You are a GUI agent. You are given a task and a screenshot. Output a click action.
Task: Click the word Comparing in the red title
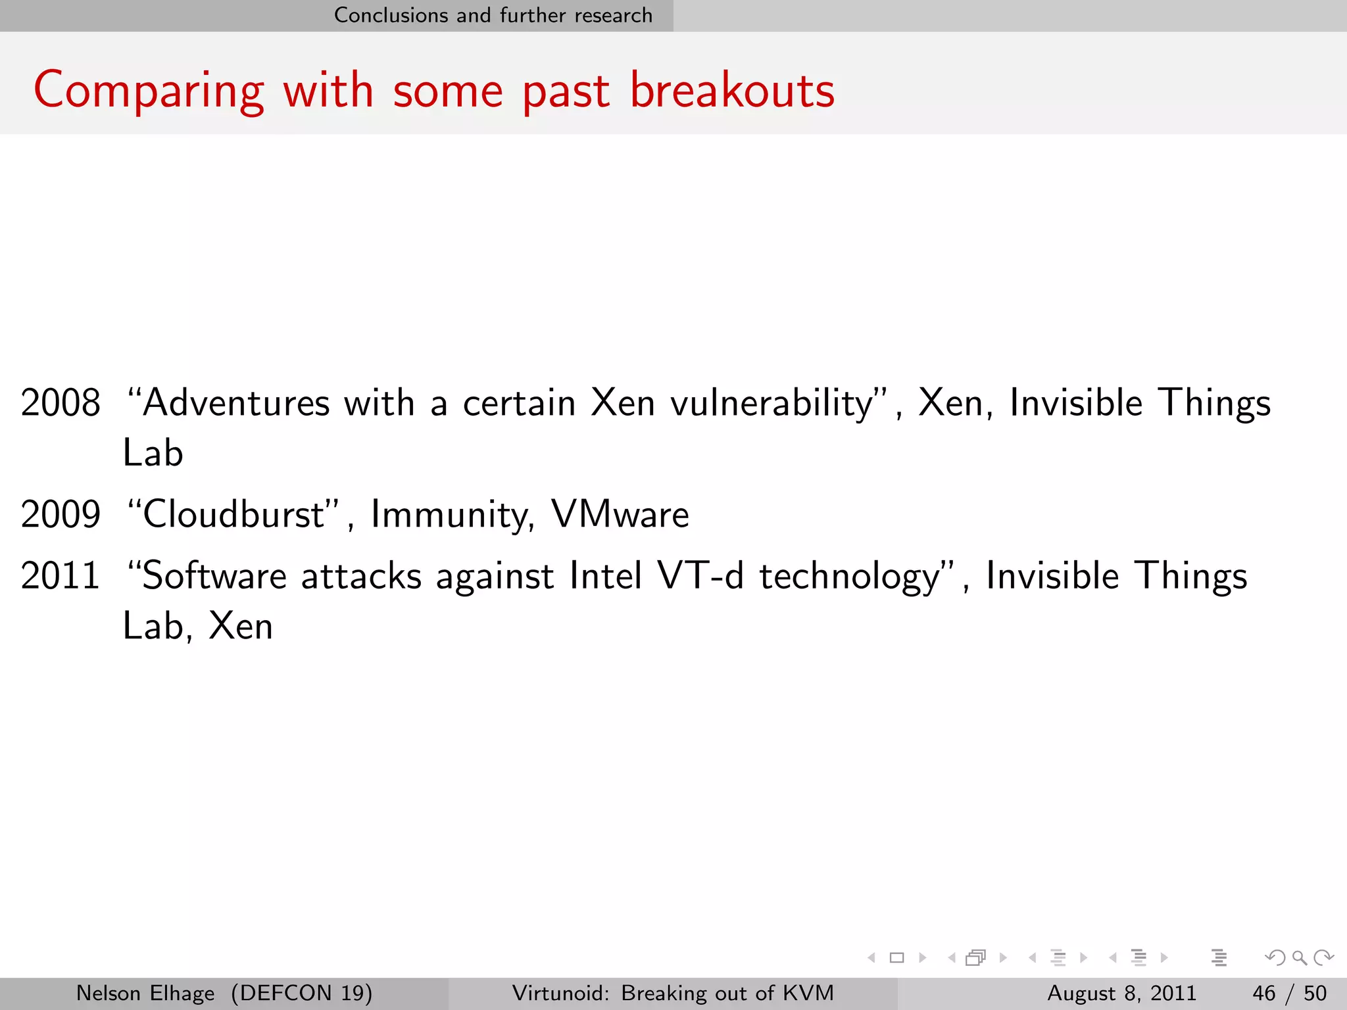(149, 91)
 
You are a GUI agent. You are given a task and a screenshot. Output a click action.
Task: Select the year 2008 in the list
(61, 402)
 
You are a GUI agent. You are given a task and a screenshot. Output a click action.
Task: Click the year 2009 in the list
(61, 514)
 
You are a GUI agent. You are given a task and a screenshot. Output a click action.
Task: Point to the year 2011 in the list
(61, 576)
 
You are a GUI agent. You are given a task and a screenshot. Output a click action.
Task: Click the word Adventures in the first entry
(235, 402)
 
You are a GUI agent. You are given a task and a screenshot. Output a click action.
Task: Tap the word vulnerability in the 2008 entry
(771, 404)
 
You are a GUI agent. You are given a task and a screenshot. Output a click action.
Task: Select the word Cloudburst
(234, 514)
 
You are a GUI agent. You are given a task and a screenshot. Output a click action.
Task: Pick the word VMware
(620, 514)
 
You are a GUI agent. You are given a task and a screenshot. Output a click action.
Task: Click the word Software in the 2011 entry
(214, 576)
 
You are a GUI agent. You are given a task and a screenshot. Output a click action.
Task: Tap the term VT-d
(700, 576)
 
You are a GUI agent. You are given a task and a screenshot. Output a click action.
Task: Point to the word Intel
(605, 576)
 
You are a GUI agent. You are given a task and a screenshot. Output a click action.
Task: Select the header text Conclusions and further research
(493, 15)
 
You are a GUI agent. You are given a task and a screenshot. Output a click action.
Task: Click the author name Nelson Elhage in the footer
(145, 993)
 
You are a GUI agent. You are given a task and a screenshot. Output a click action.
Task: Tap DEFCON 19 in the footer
(302, 993)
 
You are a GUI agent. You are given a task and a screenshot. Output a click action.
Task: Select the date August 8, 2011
(1121, 993)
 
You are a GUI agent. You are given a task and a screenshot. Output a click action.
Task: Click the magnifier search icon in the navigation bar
(1299, 957)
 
